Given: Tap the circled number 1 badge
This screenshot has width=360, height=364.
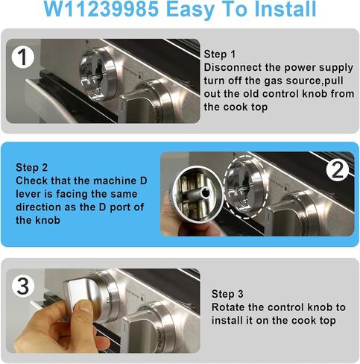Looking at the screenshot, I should (25, 57).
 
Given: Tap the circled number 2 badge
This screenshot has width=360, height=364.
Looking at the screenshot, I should (337, 171).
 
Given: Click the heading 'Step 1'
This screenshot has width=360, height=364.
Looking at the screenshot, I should (221, 54).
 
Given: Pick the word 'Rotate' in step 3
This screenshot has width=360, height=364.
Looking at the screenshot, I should (230, 307).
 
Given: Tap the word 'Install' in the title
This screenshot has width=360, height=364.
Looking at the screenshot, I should (288, 10).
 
